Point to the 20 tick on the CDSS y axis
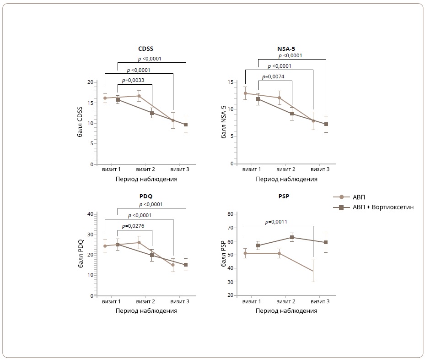pos(90,82)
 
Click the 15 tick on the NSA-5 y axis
pos(230,82)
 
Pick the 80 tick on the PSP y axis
pos(230,214)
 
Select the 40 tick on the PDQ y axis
pos(90,214)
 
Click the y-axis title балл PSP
pos(223,254)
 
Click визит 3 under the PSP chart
pos(320,301)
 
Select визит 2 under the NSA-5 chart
pos(286,169)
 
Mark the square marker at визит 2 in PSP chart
pos(292,237)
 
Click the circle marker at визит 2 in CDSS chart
pos(139,96)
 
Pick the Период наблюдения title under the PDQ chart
pos(146,311)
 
